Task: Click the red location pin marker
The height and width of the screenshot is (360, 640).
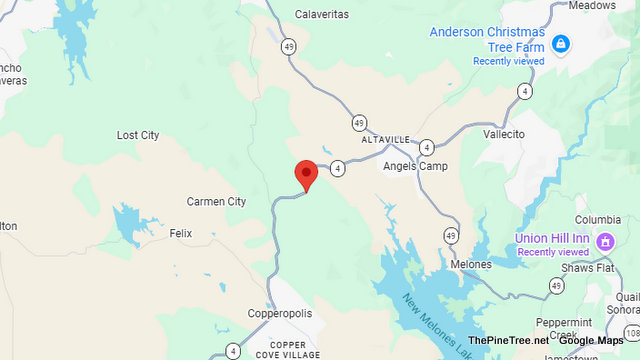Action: [x=306, y=174]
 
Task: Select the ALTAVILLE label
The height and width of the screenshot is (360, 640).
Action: [x=386, y=139]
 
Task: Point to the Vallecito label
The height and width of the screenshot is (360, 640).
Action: [x=504, y=133]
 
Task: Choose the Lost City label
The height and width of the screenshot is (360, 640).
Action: [x=138, y=135]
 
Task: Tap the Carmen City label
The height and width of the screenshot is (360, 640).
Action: [x=216, y=202]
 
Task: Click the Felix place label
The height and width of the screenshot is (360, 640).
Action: [x=180, y=233]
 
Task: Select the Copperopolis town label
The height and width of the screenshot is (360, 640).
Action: [x=280, y=313]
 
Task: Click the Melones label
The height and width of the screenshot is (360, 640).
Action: [x=471, y=264]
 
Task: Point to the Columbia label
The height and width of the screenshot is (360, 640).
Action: [x=598, y=220]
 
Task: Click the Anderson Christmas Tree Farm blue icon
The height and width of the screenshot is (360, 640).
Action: [x=560, y=44]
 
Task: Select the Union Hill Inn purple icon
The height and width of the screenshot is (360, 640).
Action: [x=604, y=241]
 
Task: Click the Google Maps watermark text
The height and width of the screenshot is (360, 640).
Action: [x=590, y=340]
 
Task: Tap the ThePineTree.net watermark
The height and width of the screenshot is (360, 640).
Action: [x=514, y=340]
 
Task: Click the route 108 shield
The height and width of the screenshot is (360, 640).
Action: [x=631, y=331]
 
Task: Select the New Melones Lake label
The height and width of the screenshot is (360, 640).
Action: [x=430, y=320]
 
